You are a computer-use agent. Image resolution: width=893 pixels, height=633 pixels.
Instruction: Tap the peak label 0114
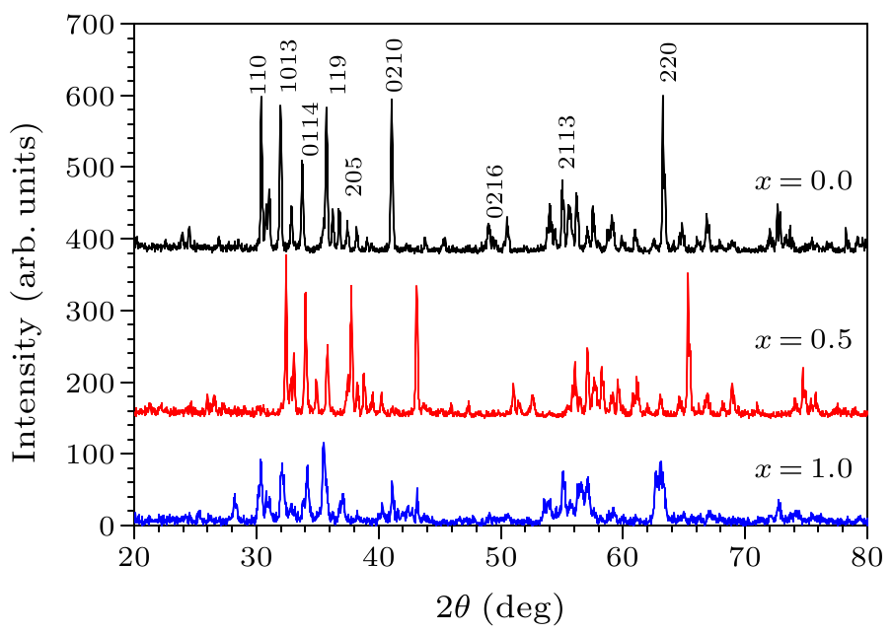tap(311, 129)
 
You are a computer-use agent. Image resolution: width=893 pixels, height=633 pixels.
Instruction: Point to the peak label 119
tap(337, 74)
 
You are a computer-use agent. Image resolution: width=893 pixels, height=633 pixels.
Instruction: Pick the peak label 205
tap(355, 176)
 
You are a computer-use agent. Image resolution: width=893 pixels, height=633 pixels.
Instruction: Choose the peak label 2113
tap(566, 142)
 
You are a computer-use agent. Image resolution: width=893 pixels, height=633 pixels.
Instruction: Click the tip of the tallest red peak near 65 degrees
tap(687, 273)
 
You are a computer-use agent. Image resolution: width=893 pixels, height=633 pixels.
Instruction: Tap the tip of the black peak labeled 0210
tap(392, 100)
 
